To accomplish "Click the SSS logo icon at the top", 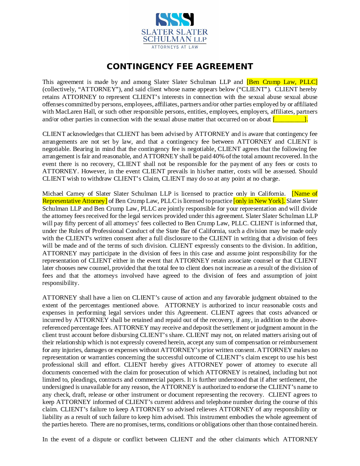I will pos(174,20).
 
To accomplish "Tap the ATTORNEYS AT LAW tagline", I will pos(175,47).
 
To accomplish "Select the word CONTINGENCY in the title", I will pos(138,67).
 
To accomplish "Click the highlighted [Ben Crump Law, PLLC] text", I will pos(282,82).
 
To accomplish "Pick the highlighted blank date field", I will pos(290,119).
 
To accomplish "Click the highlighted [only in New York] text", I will pos(259,201).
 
